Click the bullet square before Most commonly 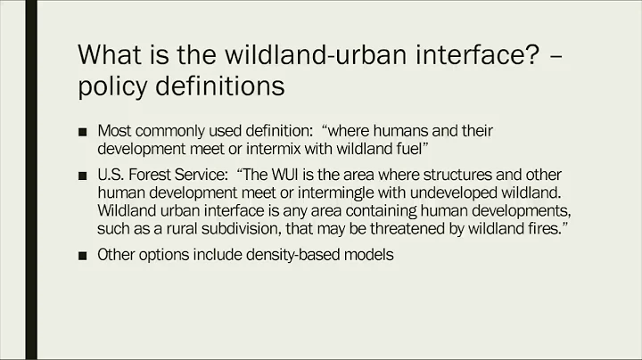pyautogui.click(x=83, y=131)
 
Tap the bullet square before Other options pyautogui.click(x=83, y=255)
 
